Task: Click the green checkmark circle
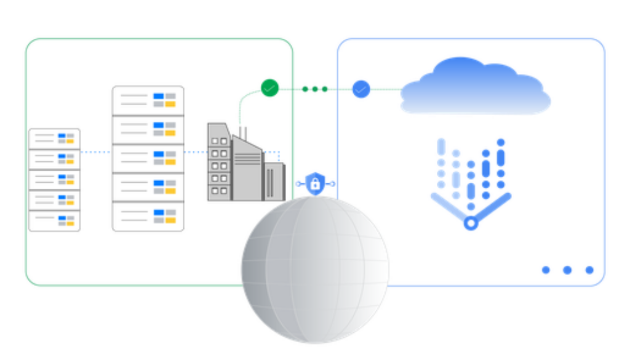pyautogui.click(x=269, y=88)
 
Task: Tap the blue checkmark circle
pyautogui.click(x=361, y=89)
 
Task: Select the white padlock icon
pyautogui.click(x=315, y=183)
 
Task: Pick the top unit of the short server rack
pyautogui.click(x=55, y=137)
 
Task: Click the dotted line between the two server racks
pyautogui.click(x=97, y=153)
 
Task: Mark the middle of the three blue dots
pyautogui.click(x=568, y=270)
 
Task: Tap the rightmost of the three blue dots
pyautogui.click(x=589, y=270)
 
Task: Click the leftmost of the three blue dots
pyautogui.click(x=546, y=270)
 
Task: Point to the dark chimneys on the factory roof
pyautogui.click(x=242, y=132)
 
